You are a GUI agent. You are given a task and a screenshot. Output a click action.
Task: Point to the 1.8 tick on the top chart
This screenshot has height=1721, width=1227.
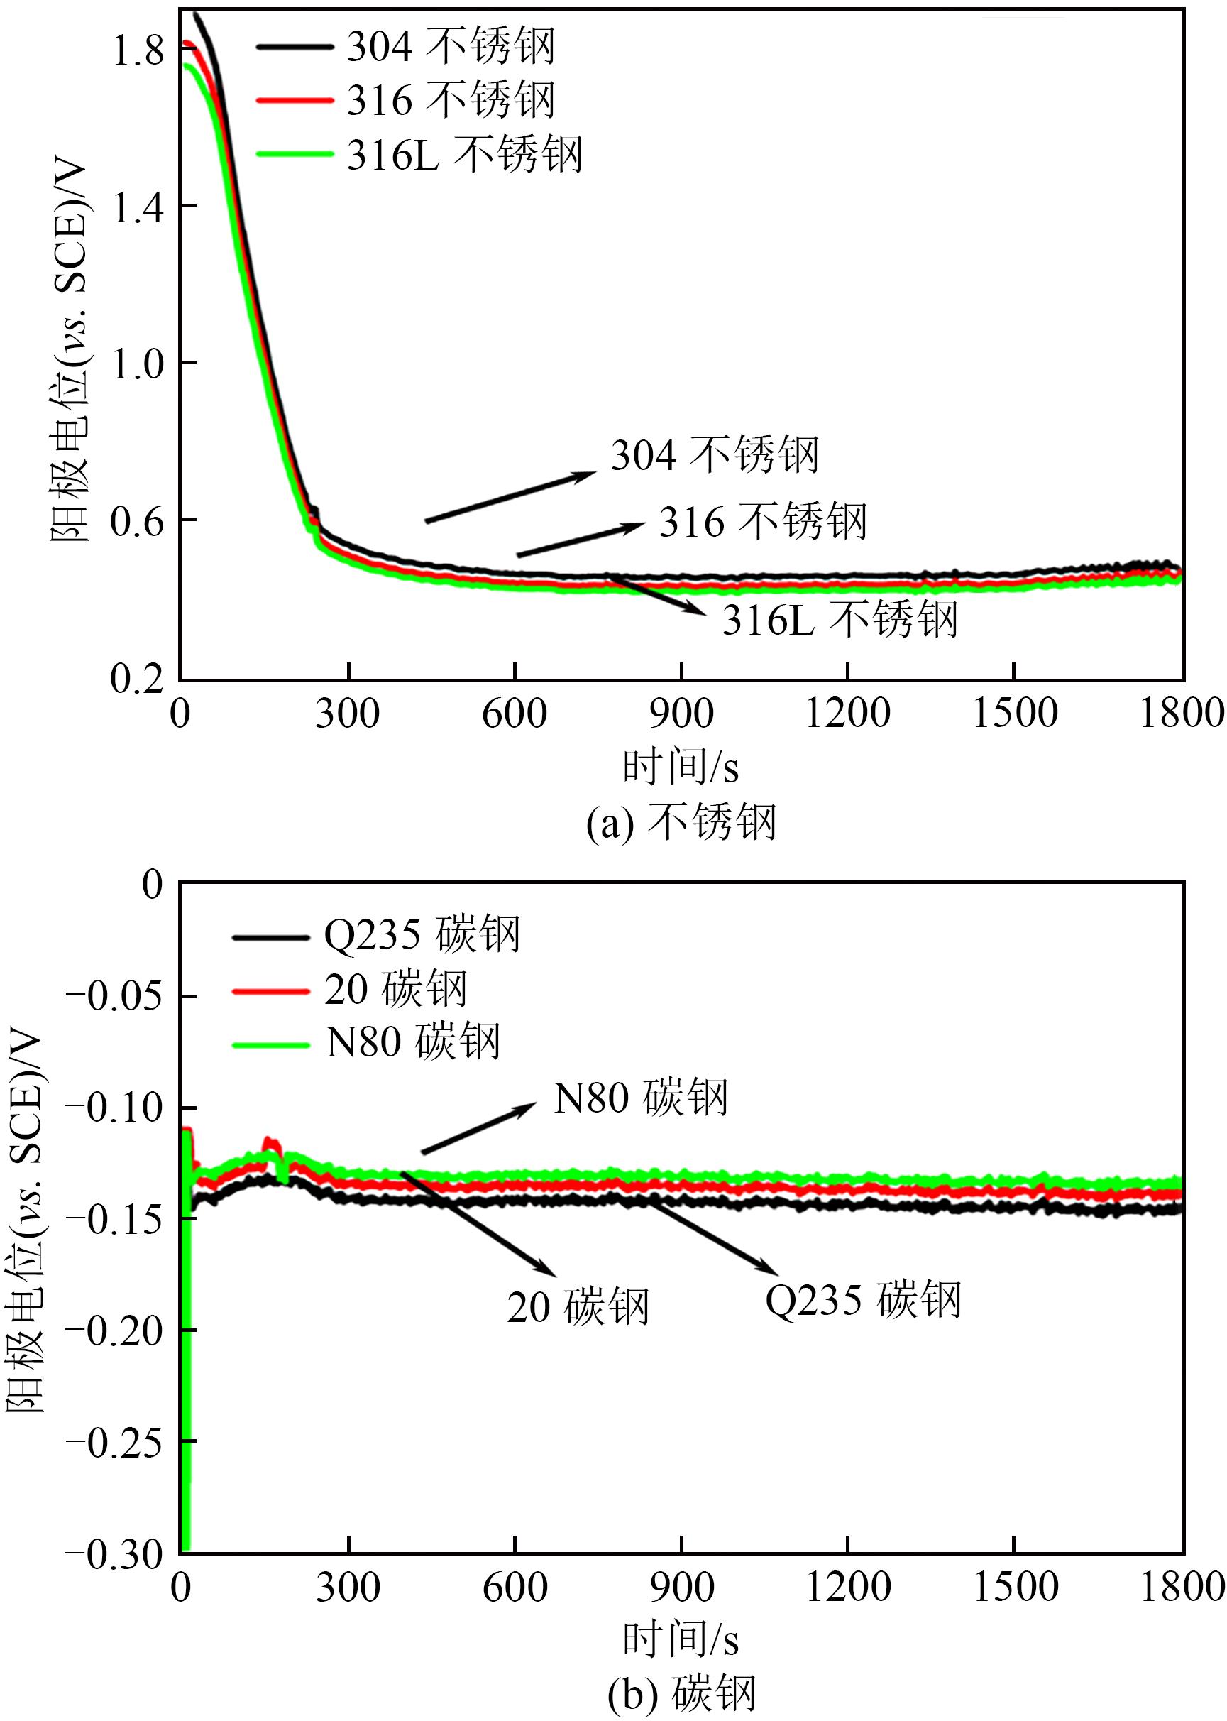click(138, 50)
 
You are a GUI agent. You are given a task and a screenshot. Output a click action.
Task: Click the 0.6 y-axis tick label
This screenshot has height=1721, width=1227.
click(137, 522)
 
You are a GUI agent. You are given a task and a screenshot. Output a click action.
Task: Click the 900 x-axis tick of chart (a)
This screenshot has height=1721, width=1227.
click(681, 714)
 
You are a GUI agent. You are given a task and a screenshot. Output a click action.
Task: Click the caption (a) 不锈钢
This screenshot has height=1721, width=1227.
click(681, 822)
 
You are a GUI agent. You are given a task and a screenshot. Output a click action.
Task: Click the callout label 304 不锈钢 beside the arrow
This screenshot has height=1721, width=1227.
click(715, 455)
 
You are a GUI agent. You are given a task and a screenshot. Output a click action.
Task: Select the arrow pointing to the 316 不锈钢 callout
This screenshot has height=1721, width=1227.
click(581, 539)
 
